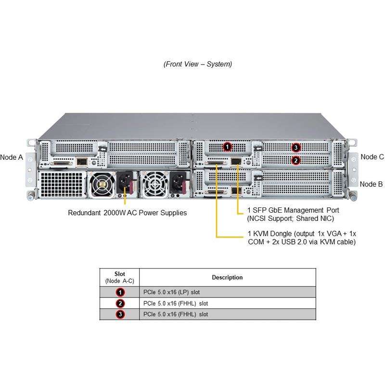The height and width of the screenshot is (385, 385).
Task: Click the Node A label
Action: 12,157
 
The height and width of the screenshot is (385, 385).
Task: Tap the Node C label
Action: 372,157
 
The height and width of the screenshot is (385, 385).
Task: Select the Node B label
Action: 371,184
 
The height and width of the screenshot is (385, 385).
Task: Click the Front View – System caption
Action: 198,64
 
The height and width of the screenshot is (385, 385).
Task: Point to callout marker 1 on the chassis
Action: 227,147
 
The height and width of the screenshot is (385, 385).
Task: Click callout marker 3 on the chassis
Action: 296,147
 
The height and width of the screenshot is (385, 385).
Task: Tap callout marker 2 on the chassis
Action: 296,161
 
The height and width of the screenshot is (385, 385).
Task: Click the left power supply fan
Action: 102,184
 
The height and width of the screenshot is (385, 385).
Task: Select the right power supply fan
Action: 154,184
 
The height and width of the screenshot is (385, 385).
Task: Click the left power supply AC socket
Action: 125,182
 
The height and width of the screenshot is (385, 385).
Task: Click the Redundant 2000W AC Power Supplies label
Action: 127,213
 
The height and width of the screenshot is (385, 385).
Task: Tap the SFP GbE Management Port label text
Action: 293,214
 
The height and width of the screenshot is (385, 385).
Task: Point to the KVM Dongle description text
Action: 302,238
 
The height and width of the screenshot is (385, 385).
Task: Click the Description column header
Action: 227,278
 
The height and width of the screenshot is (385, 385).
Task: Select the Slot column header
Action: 119,277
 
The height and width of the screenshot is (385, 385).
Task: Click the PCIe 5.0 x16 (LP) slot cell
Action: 171,292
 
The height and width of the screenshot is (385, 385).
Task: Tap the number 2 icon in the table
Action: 120,304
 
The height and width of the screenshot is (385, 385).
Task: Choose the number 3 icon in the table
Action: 120,314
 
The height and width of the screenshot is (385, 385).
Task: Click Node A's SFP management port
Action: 82,162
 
